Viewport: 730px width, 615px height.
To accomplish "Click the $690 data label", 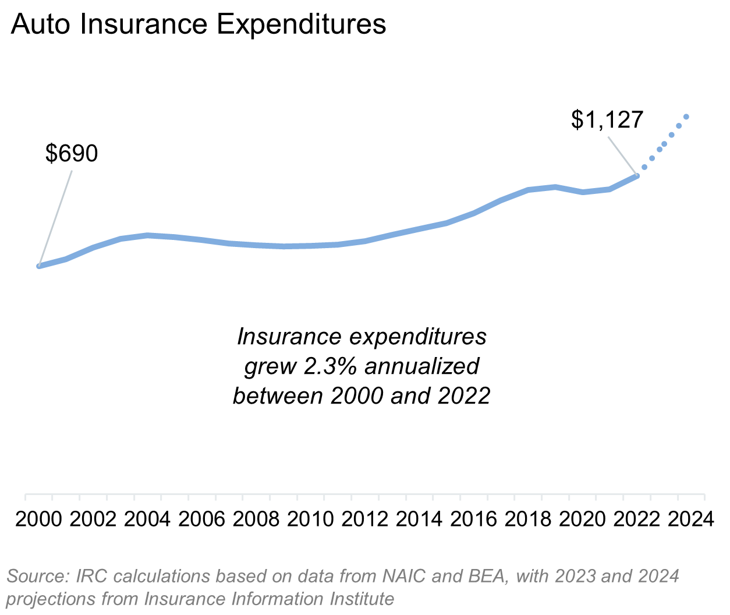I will pos(72,154).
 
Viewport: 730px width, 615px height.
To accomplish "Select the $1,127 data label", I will pos(607,119).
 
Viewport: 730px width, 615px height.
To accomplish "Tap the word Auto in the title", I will pos(42,24).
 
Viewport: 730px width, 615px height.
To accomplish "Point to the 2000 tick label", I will pos(38,519).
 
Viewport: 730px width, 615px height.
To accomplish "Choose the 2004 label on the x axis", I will pos(147,519).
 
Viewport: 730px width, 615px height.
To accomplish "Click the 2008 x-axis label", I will pos(256,519).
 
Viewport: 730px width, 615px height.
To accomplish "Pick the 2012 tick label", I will pos(364,519).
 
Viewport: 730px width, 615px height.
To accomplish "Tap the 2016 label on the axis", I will pos(473,519).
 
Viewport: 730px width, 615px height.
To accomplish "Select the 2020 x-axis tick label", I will pos(582,519).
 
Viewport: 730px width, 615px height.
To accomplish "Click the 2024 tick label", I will pos(690,519).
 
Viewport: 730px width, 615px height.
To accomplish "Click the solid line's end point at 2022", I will pos(637,175).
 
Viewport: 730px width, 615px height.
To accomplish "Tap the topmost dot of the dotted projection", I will pos(686,116).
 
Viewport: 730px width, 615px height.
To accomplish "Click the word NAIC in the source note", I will pos(405,576).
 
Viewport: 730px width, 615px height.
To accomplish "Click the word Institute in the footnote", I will pos(362,599).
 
